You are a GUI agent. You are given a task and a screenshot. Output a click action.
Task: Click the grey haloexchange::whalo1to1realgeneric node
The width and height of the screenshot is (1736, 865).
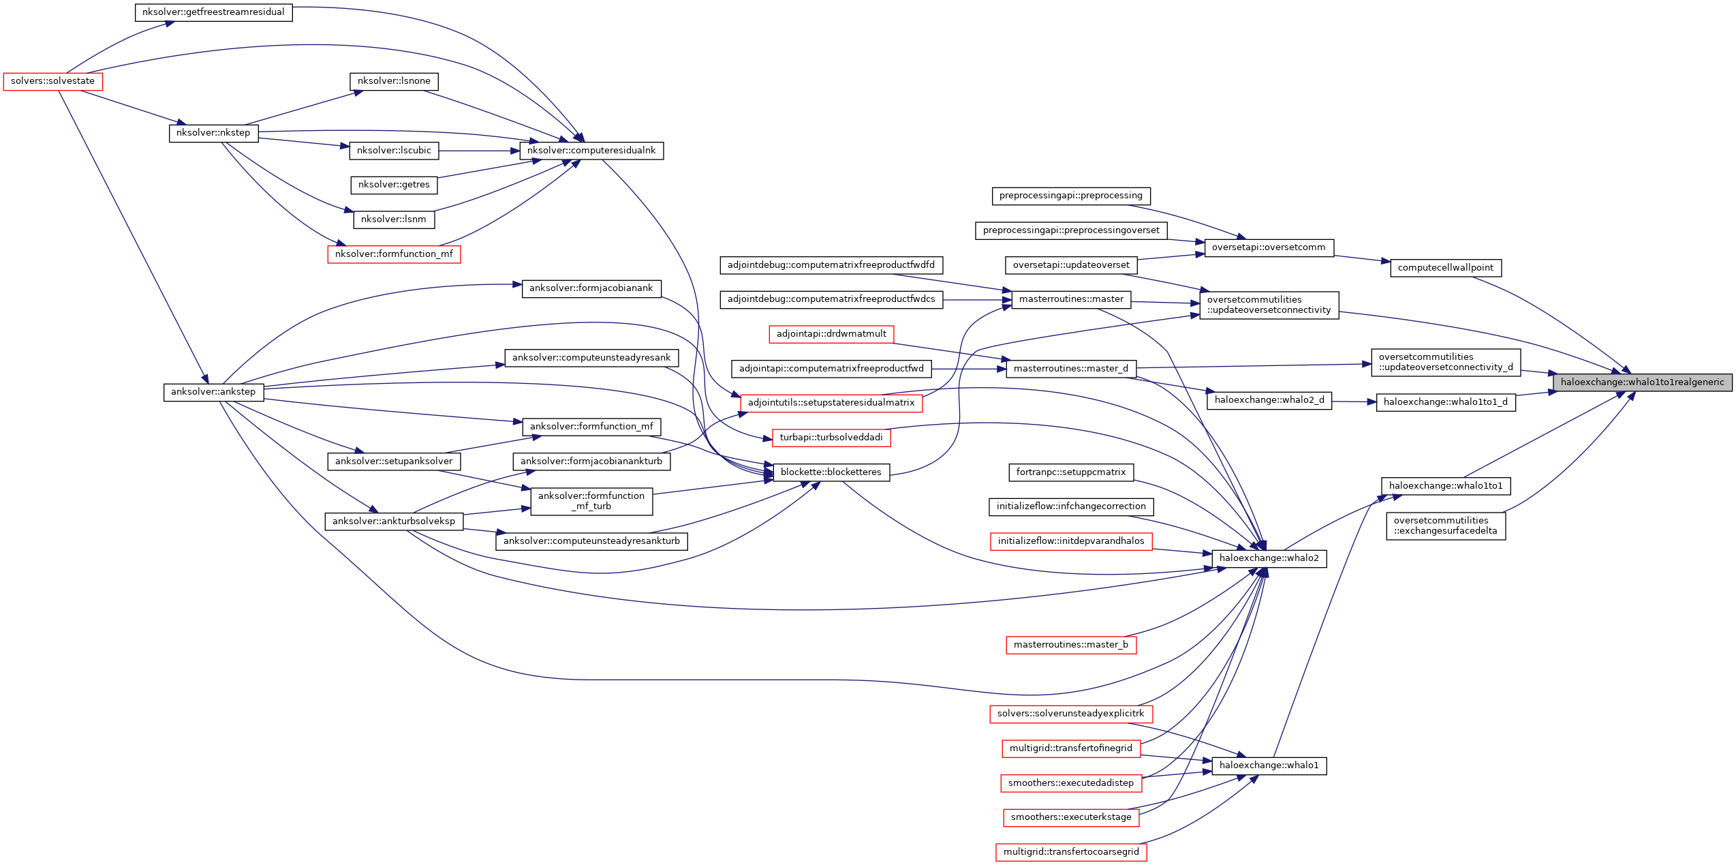click(x=1642, y=382)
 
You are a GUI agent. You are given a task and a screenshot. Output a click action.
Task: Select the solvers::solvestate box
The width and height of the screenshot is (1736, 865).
click(x=53, y=81)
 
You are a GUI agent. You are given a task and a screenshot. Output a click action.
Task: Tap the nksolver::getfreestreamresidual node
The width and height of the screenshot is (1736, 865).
click(x=213, y=12)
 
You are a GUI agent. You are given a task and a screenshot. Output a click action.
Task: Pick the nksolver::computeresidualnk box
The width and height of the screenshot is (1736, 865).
click(x=591, y=151)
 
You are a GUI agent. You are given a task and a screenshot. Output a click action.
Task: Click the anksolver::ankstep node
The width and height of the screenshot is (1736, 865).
click(x=213, y=392)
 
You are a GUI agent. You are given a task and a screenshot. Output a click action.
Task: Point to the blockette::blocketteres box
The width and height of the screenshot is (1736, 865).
click(x=831, y=472)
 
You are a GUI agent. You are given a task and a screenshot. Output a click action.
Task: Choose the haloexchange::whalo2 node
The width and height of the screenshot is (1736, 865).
click(x=1269, y=558)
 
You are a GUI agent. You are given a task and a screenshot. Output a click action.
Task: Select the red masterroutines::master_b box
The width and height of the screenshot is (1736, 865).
click(x=1070, y=645)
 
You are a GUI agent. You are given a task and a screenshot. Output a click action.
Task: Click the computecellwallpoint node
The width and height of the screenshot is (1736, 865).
click(x=1445, y=268)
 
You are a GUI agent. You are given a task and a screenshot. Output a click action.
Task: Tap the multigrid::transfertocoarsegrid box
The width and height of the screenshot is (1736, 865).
click(x=1070, y=852)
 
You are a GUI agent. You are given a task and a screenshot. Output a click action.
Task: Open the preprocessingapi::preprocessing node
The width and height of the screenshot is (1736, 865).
click(x=1070, y=196)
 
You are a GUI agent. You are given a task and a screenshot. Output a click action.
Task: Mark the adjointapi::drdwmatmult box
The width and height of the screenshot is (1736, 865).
click(x=831, y=334)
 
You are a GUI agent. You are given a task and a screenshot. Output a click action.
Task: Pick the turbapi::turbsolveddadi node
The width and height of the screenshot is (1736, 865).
click(x=831, y=438)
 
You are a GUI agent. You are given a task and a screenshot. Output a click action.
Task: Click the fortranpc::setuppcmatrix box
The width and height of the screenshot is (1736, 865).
click(x=1070, y=472)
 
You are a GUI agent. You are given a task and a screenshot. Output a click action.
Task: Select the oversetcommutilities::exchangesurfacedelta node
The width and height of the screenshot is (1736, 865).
click(x=1445, y=526)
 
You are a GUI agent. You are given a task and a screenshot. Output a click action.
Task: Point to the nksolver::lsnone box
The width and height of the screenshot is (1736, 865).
click(x=394, y=81)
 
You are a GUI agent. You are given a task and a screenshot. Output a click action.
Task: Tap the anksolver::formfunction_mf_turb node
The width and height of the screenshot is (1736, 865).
click(x=591, y=501)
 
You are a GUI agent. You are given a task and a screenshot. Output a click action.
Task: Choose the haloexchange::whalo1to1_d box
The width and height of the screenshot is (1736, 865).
click(x=1445, y=402)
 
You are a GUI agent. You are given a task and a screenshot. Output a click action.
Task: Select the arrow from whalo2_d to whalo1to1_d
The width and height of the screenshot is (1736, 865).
click(x=1354, y=401)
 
